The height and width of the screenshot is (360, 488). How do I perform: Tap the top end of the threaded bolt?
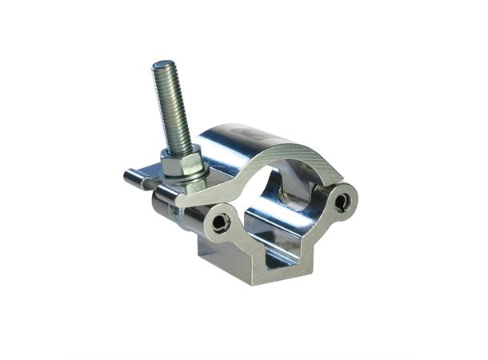[x=165, y=66]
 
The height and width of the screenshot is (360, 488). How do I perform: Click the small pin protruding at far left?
[x=134, y=178]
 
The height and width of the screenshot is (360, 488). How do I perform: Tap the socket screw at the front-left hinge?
[x=222, y=222]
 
